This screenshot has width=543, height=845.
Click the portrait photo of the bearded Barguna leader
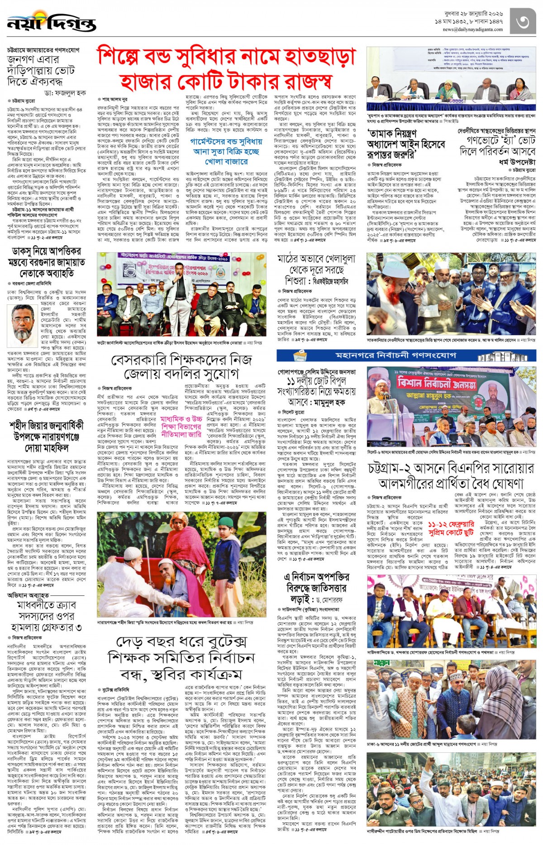point(23,323)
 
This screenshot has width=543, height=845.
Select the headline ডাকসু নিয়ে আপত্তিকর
point(47,251)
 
